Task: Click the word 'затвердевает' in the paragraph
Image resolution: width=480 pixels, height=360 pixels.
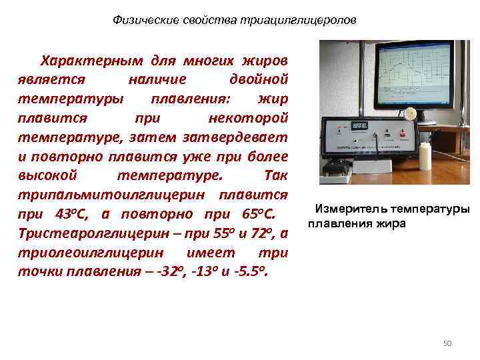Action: coord(244,137)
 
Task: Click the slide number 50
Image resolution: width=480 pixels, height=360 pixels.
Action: coord(447,343)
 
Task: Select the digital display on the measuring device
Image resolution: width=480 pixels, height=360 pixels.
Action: coord(359,126)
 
